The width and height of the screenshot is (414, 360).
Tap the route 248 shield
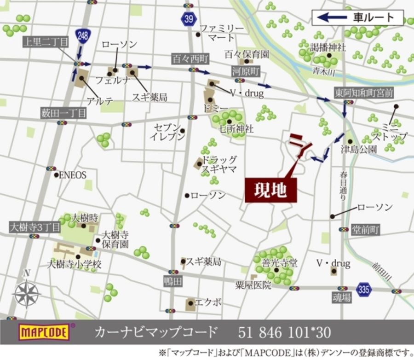pyautogui.click(x=83, y=35)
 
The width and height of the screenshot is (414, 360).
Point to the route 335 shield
pyautogui.click(x=363, y=290)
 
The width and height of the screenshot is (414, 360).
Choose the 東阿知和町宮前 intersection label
pyautogui.click(x=364, y=93)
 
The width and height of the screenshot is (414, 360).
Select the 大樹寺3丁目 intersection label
pyautogui.click(x=35, y=227)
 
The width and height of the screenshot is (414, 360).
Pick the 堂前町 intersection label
pyautogui.click(x=366, y=230)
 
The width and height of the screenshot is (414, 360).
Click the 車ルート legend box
pyautogui.click(x=357, y=17)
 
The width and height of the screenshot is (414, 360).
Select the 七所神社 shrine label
pyautogui.click(x=236, y=129)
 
